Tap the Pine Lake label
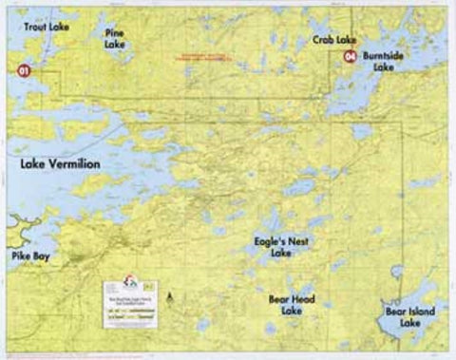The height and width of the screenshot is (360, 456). [x=114, y=38]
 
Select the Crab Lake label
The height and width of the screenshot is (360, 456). [x=334, y=40]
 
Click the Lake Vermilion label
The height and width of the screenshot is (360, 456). [x=60, y=164]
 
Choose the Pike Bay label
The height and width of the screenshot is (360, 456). [x=33, y=256]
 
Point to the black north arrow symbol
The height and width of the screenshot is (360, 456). [x=169, y=297]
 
